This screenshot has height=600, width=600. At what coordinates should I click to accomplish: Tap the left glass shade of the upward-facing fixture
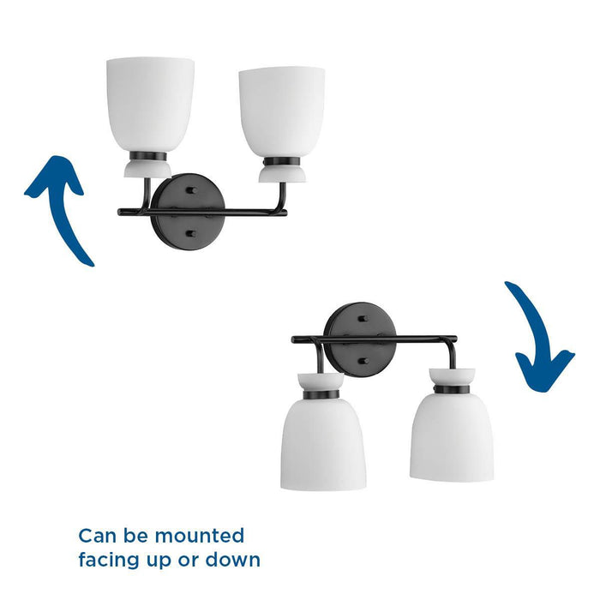click(150, 103)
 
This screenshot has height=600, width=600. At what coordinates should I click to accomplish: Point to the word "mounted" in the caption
click(200, 537)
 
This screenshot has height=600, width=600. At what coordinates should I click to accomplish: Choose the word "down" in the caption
click(233, 561)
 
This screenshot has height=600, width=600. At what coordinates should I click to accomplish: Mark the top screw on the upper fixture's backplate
click(190, 187)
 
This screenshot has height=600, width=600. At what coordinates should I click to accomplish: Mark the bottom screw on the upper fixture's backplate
click(190, 232)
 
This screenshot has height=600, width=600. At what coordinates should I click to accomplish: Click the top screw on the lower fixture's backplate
click(363, 318)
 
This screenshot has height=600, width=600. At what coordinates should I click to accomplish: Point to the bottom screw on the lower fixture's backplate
click(363, 361)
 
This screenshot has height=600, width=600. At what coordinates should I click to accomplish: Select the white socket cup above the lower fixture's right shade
click(452, 378)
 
